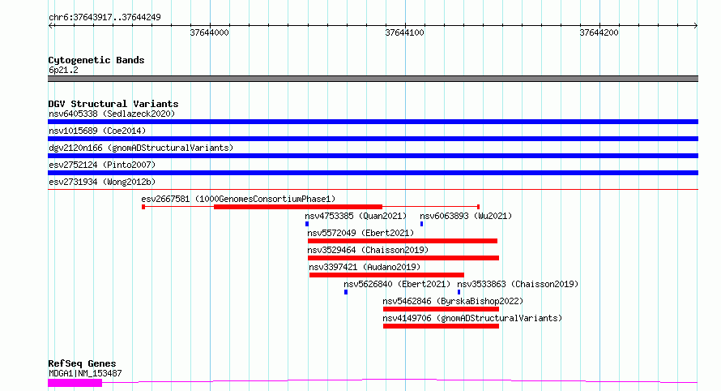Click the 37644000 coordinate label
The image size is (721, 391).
click(209, 32)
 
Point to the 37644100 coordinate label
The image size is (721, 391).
click(404, 32)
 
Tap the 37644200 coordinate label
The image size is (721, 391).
click(599, 32)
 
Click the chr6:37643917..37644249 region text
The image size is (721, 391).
click(105, 18)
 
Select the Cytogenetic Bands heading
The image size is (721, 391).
click(96, 60)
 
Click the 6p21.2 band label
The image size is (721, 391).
click(63, 70)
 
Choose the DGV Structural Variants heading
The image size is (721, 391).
click(113, 104)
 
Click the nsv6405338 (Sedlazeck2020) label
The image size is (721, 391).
click(112, 114)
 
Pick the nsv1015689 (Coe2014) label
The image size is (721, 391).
click(97, 131)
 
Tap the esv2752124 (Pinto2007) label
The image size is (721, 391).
click(102, 165)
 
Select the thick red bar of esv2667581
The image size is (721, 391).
click(298, 207)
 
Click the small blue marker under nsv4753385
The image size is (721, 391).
click(307, 224)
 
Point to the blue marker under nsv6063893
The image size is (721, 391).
click(421, 224)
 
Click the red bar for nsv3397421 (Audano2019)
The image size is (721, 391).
click(386, 275)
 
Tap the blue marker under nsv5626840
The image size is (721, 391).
click(346, 292)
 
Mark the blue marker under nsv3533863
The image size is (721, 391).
click(459, 292)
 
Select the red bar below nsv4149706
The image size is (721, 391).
click(441, 326)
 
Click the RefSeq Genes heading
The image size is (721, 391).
click(82, 363)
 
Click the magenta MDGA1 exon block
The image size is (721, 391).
click(75, 383)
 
